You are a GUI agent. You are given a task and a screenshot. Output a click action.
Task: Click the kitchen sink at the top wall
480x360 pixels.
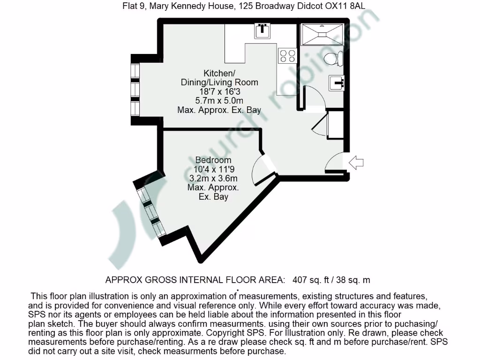click(262, 30)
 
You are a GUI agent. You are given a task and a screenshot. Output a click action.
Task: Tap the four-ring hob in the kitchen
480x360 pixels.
click(287, 56)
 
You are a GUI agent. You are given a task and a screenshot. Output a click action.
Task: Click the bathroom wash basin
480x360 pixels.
click(337, 83)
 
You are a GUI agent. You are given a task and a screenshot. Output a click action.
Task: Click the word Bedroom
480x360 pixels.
click(213, 160)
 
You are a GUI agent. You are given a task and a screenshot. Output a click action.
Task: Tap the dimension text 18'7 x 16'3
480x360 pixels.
click(219, 91)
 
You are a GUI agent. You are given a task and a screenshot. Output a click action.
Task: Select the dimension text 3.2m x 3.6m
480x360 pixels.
click(213, 179)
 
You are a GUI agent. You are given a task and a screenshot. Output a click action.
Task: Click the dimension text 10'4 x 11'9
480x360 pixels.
click(213, 169)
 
